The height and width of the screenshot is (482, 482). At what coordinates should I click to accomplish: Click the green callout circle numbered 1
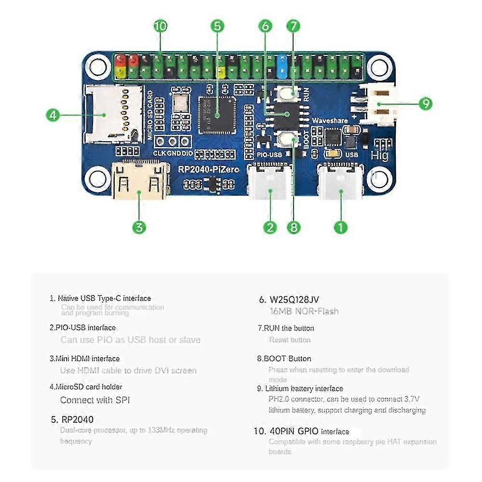tap(341, 227)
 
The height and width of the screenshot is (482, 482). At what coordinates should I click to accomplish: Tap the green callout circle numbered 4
tap(54, 115)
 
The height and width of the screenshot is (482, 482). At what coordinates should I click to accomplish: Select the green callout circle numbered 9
tap(425, 103)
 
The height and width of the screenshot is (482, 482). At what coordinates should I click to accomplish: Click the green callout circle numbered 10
tap(161, 27)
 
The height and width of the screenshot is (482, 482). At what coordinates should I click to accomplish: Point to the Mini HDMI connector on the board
tap(140, 180)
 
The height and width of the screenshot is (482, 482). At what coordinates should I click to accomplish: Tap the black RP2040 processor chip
tap(217, 114)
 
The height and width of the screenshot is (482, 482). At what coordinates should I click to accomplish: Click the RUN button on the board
tap(289, 93)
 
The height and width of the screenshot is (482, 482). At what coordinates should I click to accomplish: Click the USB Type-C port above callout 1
tap(341, 182)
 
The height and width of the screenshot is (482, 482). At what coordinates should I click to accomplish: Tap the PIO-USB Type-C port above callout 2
tap(270, 182)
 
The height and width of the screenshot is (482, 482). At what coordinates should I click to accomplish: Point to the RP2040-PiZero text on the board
tap(208, 170)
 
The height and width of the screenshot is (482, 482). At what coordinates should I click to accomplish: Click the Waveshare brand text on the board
tap(330, 120)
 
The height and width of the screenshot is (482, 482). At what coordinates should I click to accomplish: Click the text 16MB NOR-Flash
tap(304, 311)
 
